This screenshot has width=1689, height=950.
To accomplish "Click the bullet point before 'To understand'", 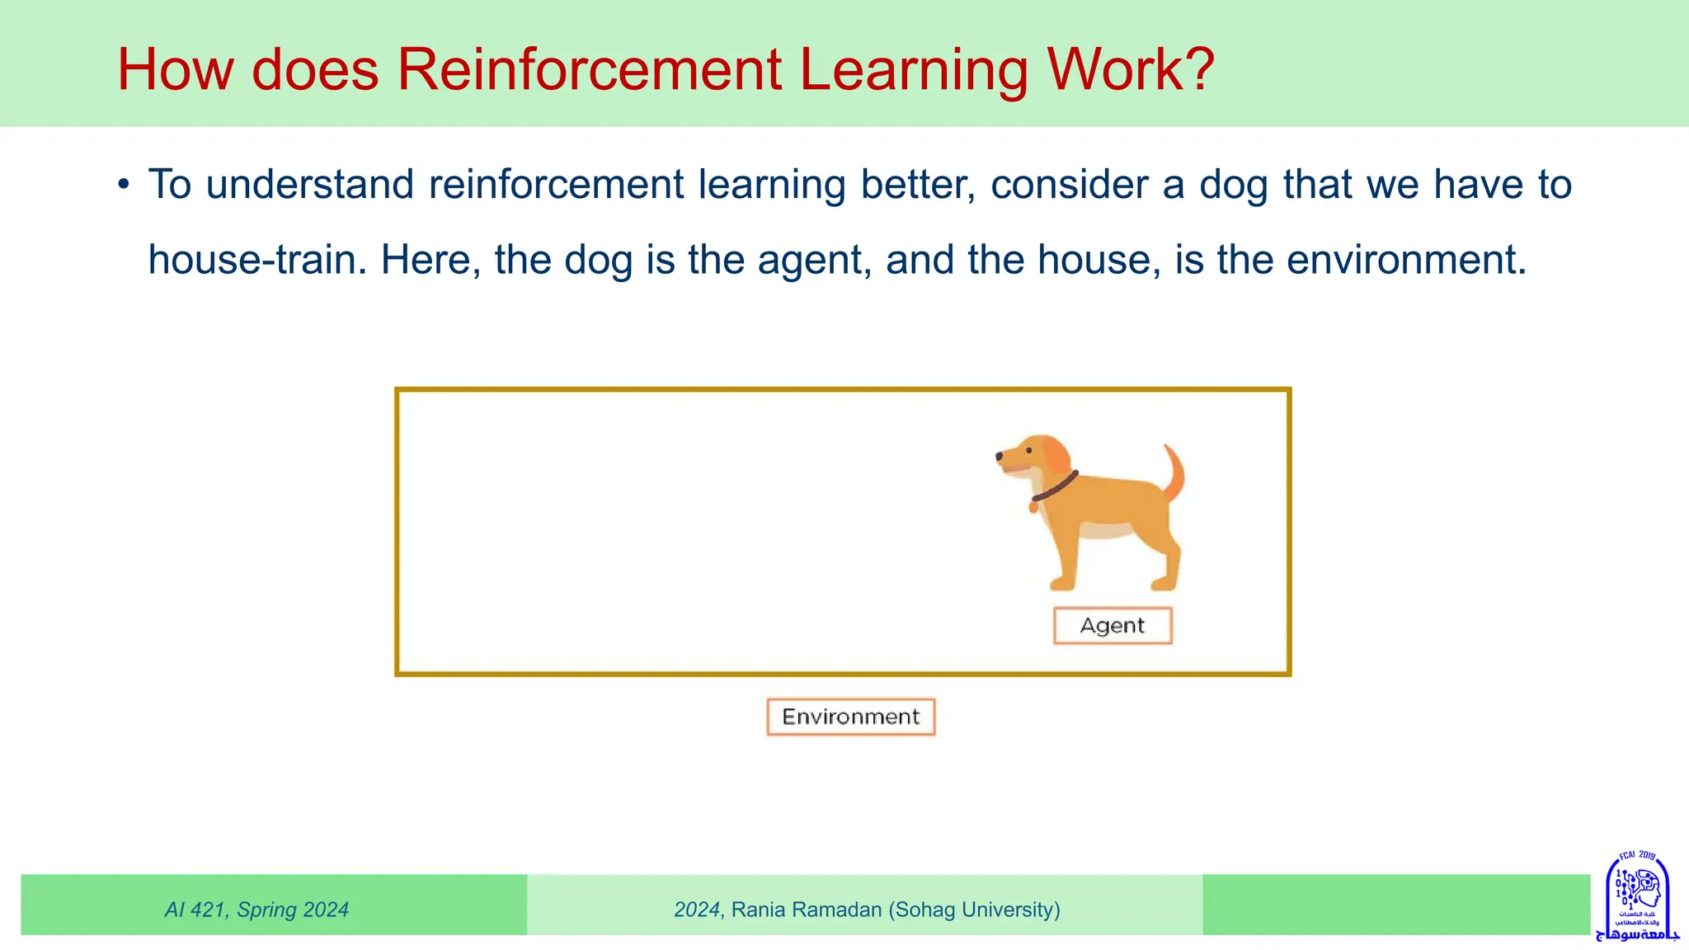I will coord(124,185).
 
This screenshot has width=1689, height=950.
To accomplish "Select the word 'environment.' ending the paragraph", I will coord(1406,260).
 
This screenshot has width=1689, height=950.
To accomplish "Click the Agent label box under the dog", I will coord(1113,626).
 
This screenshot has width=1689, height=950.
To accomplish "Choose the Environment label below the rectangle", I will coord(850,717).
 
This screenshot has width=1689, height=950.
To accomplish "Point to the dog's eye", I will coord(1028,450).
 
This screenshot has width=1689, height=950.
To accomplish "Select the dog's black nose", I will coord(1000,455).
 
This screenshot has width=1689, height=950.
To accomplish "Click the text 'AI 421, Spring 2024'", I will coord(256,910).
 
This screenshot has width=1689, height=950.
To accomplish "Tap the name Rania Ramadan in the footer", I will coord(807,910).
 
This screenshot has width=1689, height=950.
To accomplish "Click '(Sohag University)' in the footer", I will coord(974,910).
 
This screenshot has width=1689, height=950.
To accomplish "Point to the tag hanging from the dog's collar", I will coord(1033,506).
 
